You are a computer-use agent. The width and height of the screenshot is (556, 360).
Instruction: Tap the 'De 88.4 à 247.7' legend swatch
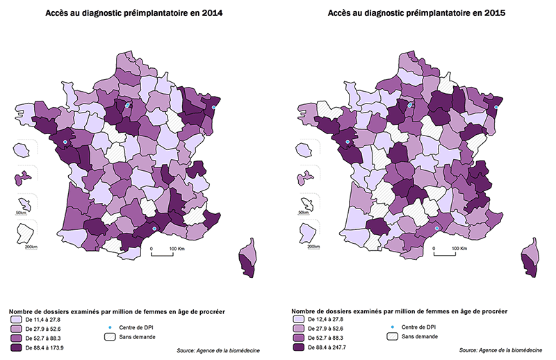(299, 345)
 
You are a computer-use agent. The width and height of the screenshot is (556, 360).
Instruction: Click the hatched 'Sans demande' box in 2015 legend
(393, 336)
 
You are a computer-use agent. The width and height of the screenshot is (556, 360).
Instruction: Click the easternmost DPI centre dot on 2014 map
(214, 108)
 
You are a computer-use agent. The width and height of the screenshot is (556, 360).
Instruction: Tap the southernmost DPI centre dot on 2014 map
(154, 227)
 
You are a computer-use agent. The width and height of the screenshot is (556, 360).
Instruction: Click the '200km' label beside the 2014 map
(31, 247)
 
